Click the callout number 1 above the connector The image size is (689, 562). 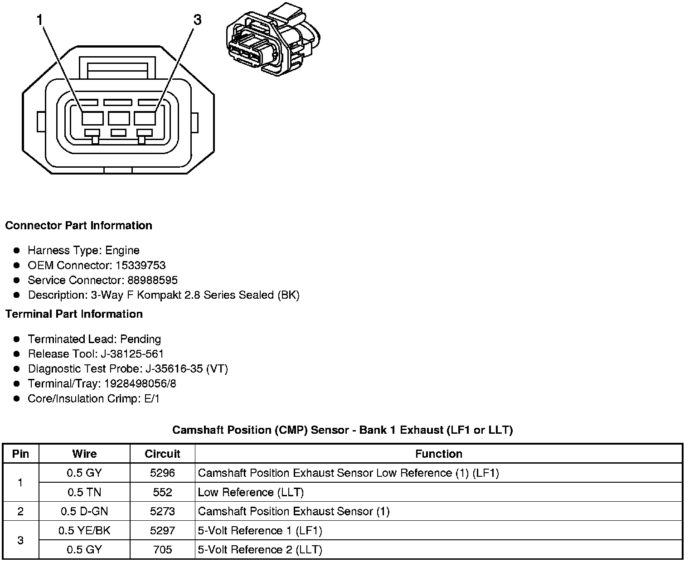coord(40,20)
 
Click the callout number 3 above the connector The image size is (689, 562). coord(197,20)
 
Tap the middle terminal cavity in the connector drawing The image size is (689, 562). coord(119,118)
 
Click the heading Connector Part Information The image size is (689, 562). coord(78,226)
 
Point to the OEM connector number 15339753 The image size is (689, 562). coord(141,265)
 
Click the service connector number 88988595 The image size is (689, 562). coord(153,280)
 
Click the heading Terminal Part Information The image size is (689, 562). coord(74,314)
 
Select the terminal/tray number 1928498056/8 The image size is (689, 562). coord(140,383)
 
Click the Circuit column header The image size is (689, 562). coord(162,454)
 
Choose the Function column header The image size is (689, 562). coord(438,454)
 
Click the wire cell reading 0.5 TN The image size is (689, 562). coord(84,492)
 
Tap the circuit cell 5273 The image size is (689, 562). coord(162,511)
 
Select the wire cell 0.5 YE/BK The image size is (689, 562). coord(84,530)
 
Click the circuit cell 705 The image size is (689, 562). coord(162,550)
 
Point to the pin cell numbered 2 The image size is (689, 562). coord(20,511)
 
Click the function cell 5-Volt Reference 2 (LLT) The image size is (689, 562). coord(260,550)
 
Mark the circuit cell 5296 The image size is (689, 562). coord(162,473)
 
